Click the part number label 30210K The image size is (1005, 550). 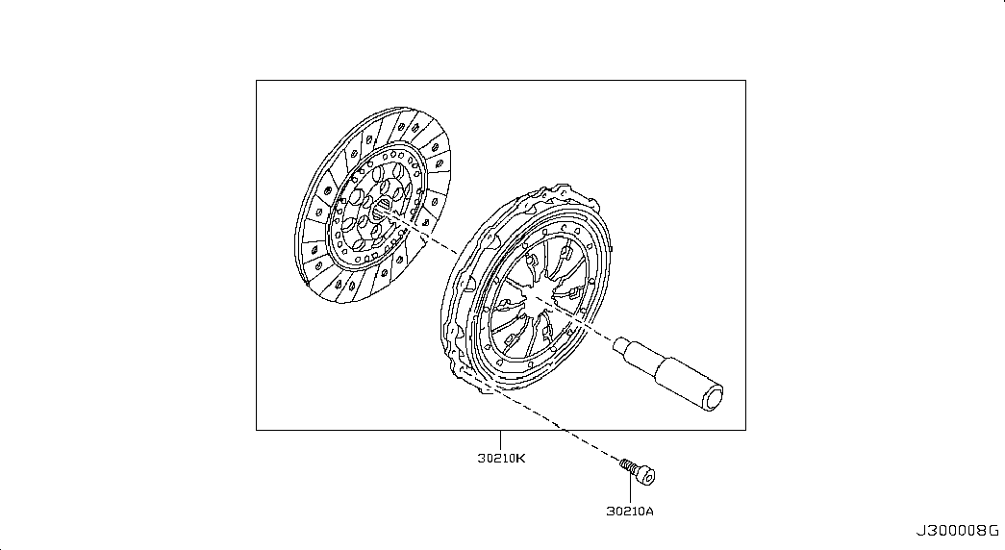[x=501, y=459]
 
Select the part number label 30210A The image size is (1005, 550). [x=630, y=511]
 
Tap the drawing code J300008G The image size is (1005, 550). [x=957, y=531]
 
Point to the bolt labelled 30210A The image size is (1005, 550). [x=637, y=471]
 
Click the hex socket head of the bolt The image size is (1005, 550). [x=646, y=476]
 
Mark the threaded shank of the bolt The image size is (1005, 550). [x=628, y=465]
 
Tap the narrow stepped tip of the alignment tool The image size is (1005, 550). [x=621, y=347]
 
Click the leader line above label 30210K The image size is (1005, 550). [x=501, y=439]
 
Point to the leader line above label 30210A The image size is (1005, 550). [x=630, y=492]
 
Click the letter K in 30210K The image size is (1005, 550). [x=521, y=459]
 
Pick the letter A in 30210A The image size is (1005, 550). [x=650, y=511]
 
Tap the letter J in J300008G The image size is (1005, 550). [x=919, y=531]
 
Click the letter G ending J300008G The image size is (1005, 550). [x=994, y=531]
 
